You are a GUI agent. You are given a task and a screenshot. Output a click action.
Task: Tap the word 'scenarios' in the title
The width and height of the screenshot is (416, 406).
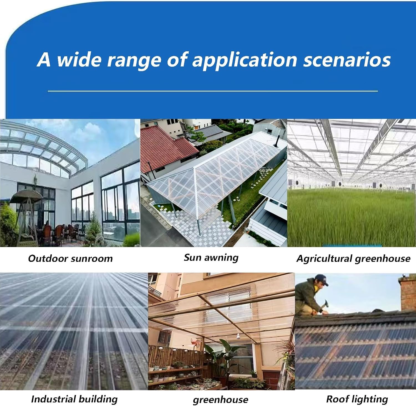tap(347, 60)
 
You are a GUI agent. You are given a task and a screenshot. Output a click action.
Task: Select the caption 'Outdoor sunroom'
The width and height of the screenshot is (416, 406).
tap(70, 258)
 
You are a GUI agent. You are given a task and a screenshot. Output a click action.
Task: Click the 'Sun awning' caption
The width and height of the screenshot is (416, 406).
tap(211, 258)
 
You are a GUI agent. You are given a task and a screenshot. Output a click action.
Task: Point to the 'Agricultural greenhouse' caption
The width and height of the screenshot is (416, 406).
tap(353, 258)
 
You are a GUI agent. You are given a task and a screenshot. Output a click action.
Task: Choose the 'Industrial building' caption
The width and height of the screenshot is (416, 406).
tap(74, 399)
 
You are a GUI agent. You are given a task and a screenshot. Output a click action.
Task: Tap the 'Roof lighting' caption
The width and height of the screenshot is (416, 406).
tap(357, 399)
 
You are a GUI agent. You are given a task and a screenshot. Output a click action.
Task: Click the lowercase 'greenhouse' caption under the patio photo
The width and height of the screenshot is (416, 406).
tap(220, 400)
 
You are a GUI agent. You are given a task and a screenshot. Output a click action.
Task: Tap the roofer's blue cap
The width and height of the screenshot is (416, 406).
tap(322, 280)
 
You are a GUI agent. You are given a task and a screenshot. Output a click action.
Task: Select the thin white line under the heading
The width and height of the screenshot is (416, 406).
tap(213, 91)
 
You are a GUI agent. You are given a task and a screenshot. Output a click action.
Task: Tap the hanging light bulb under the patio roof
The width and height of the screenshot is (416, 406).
tap(238, 337)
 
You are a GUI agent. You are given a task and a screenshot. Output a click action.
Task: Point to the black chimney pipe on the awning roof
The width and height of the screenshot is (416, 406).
tap(277, 141)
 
